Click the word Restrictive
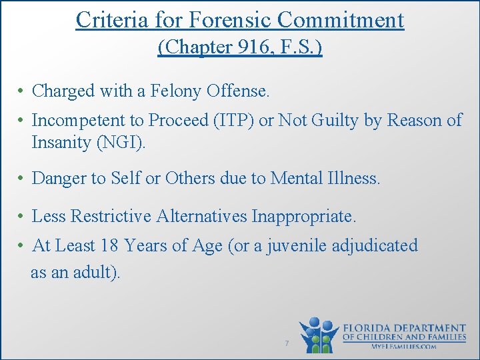pyautogui.click(x=111, y=216)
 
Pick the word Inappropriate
pyautogui.click(x=304, y=216)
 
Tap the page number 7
pyautogui.click(x=286, y=343)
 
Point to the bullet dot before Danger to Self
pyautogui.click(x=22, y=178)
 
